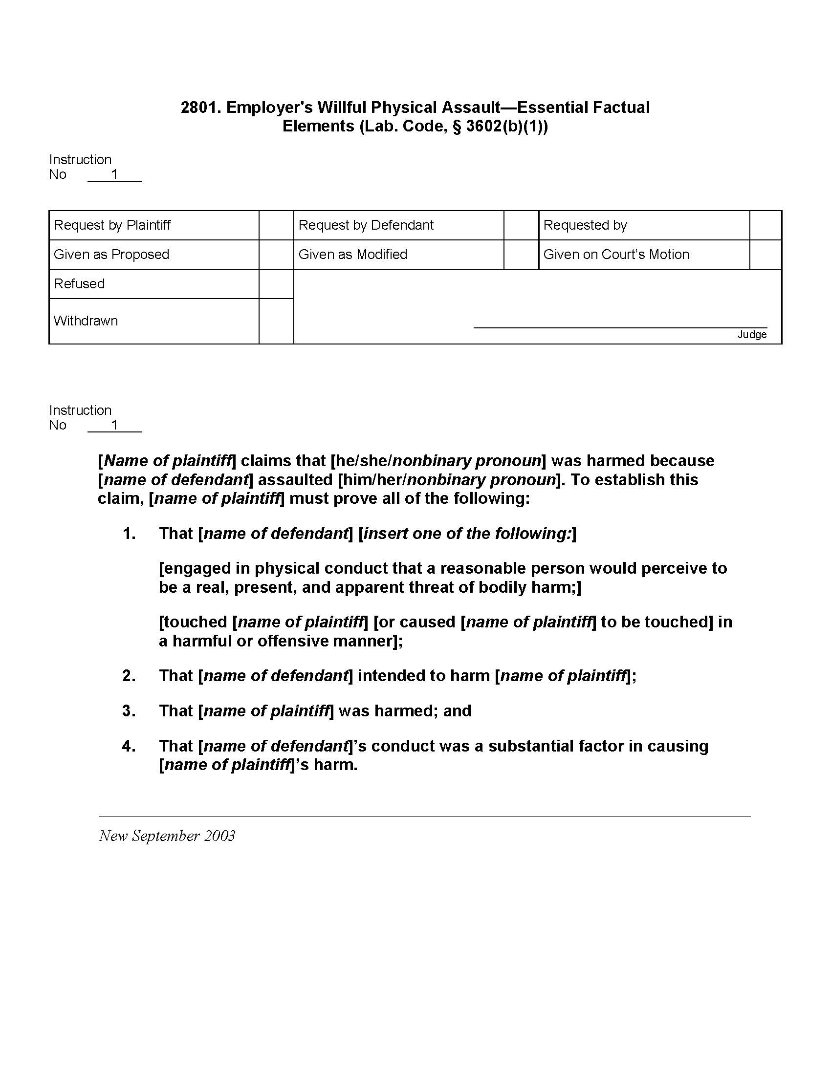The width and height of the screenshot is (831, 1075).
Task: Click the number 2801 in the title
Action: [198, 107]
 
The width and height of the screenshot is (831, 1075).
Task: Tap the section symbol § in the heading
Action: [457, 127]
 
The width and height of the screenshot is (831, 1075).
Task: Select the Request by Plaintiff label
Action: [112, 225]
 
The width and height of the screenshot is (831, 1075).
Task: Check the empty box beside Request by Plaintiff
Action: [276, 225]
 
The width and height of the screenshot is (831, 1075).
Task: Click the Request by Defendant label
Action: [366, 225]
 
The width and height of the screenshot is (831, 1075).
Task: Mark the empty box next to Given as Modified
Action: [521, 255]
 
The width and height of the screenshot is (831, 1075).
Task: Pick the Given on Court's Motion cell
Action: [616, 255]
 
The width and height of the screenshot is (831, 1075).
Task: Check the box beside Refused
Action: [276, 284]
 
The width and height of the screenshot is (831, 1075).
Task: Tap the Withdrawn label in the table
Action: [86, 321]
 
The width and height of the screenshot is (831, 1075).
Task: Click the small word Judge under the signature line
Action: [752, 335]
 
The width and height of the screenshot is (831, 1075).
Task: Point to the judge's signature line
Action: [620, 326]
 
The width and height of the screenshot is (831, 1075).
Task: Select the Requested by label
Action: [585, 225]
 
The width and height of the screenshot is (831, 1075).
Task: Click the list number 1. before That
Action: [129, 534]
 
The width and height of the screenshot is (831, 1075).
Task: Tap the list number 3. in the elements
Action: [129, 711]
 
